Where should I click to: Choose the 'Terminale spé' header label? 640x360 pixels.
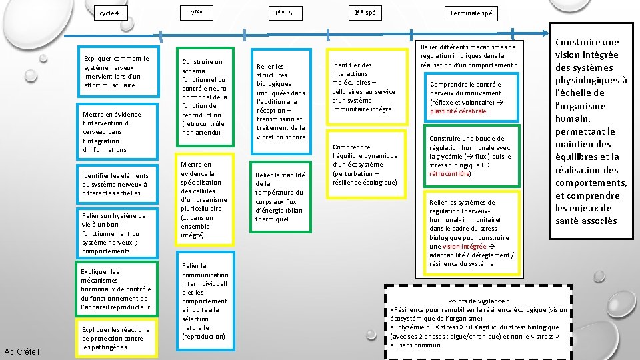tap(471, 13)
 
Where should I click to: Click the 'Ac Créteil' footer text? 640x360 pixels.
tap(22, 351)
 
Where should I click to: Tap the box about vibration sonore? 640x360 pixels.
tap(281, 101)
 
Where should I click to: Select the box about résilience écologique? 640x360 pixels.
tap(365, 165)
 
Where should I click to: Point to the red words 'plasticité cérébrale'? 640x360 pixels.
tap(458, 111)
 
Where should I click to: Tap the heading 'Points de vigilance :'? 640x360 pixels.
tap(479, 301)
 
